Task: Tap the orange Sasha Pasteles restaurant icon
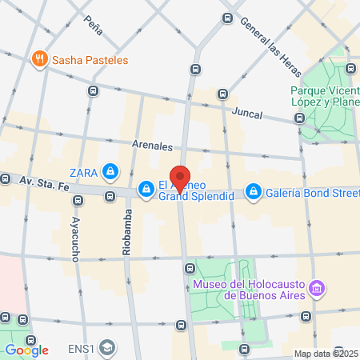point(38,58)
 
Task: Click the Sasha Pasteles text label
point(90,59)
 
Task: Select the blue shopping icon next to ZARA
point(110,170)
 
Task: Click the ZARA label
point(84,170)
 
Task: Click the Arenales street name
point(152,146)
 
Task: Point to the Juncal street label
point(246,114)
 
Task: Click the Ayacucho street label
point(74,238)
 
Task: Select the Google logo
point(26,350)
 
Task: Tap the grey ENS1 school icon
point(107,349)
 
